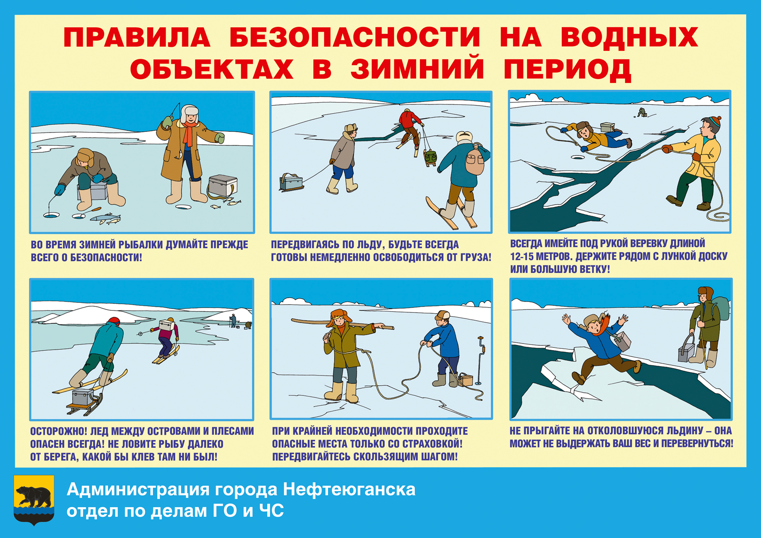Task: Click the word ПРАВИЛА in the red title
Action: (x=137, y=37)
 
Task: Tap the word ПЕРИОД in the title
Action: (x=567, y=69)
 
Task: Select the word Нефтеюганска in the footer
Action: (x=349, y=489)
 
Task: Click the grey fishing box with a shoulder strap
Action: (x=223, y=186)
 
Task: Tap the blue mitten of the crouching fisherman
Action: (x=59, y=189)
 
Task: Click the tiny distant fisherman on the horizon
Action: (x=642, y=113)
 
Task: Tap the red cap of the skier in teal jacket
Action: (x=114, y=321)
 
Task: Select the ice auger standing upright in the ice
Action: (x=480, y=361)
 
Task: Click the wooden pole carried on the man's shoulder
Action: (x=342, y=324)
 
